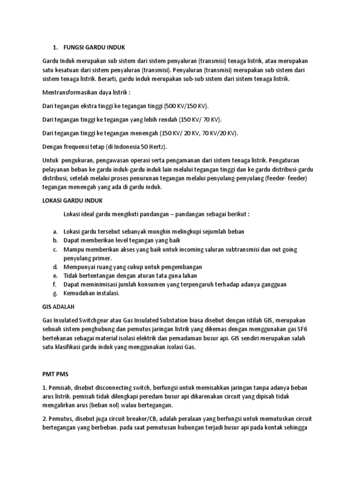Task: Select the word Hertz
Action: click(158, 147)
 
